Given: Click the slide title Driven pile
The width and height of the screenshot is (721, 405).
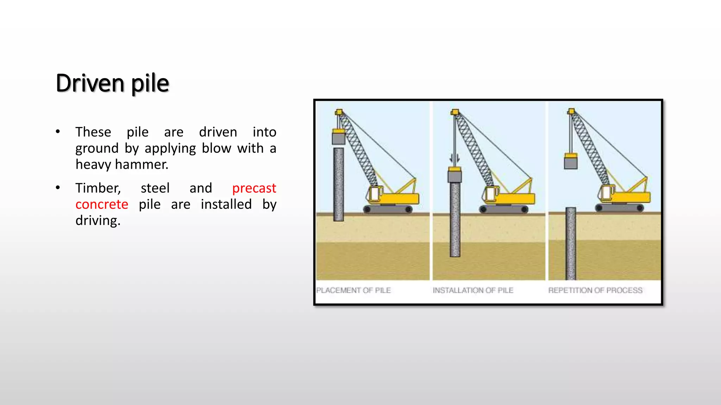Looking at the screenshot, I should point(112,83).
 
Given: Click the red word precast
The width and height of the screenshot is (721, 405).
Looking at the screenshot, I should point(254,188).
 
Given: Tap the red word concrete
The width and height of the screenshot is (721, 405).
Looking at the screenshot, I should point(102,204).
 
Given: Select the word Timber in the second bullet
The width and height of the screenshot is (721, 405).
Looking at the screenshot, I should point(98,188).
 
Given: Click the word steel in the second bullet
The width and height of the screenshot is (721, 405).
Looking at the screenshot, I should point(155,188).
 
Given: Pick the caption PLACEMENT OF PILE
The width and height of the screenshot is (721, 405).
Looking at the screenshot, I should point(353,290).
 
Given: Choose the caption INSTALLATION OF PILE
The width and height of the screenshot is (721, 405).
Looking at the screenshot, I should point(473,290).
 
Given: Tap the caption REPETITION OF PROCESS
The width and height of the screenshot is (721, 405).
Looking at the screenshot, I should point(595,290).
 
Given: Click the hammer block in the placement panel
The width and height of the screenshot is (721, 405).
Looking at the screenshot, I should point(339,137).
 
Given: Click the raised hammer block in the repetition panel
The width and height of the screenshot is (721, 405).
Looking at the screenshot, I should point(571,161).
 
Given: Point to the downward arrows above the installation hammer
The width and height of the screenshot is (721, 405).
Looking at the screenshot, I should point(454,159).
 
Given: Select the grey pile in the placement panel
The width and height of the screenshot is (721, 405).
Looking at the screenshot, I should point(339,185).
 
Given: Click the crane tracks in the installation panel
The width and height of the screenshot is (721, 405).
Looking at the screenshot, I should point(504,209).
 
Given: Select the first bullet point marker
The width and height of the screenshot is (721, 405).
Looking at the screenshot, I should point(58,132).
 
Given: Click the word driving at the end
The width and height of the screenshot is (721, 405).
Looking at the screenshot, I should point(98,221).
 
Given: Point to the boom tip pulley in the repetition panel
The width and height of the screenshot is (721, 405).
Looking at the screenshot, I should point(571,111).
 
